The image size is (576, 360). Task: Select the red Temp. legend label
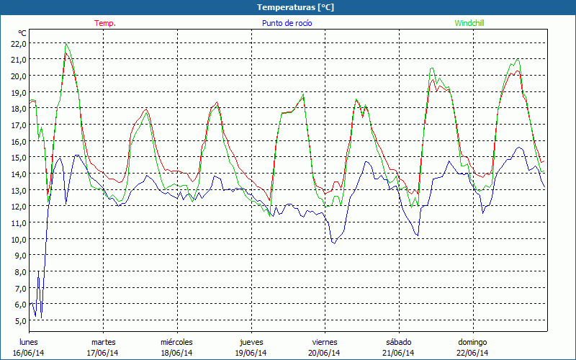click(x=105, y=23)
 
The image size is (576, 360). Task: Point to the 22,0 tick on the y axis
click(x=18, y=43)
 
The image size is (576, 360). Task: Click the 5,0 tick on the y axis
click(x=18, y=320)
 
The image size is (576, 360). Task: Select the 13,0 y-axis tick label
click(x=18, y=190)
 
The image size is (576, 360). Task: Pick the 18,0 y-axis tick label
click(x=18, y=109)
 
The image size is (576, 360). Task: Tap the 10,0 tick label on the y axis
click(x=18, y=239)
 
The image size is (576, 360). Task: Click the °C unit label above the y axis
click(x=22, y=33)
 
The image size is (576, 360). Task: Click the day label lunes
click(x=30, y=342)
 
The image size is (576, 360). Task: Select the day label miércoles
click(x=177, y=342)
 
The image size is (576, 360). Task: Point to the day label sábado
click(x=398, y=342)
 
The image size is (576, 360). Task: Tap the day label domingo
click(x=472, y=342)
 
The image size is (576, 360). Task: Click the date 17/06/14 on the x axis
click(x=103, y=353)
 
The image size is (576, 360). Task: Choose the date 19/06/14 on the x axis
click(x=251, y=353)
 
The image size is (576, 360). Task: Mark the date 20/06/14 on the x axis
click(x=325, y=353)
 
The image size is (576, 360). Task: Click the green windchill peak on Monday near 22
click(x=66, y=44)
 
